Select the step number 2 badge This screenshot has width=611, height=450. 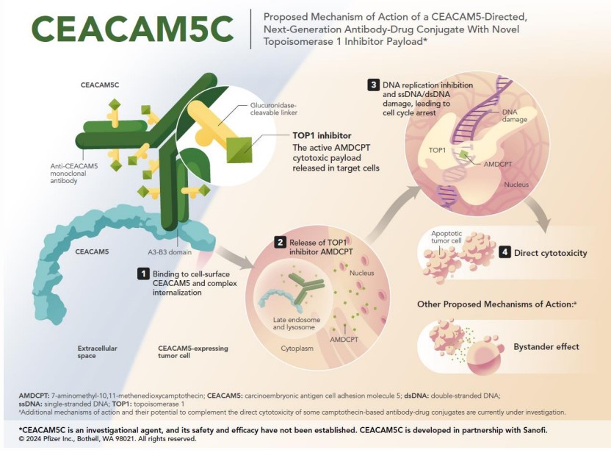[x=280, y=241]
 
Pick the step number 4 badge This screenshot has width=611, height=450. [x=505, y=252]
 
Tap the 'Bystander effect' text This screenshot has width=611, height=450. [x=546, y=346]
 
